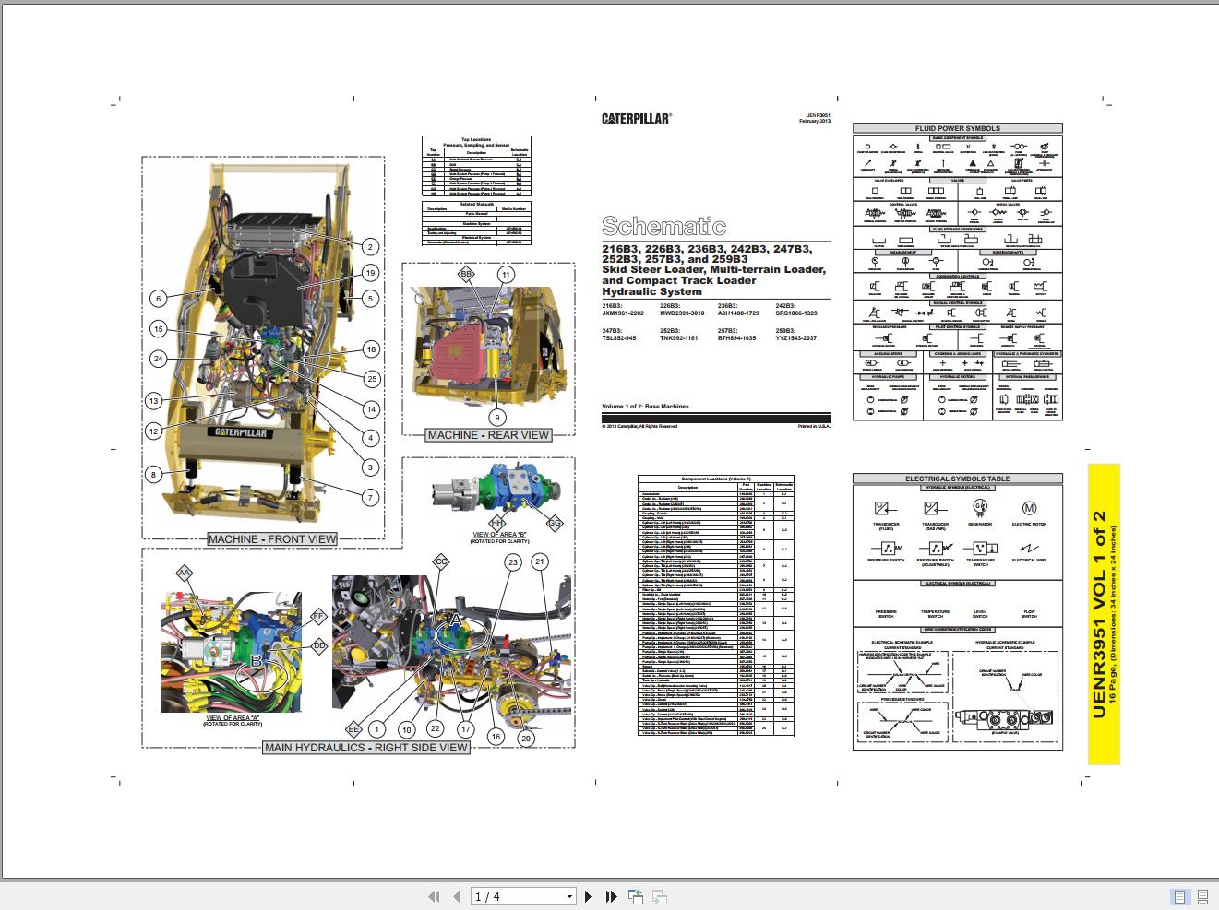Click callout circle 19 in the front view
coord(370,273)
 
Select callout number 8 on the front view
coord(154,475)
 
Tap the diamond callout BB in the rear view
coord(467,275)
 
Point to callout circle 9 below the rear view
coord(497,418)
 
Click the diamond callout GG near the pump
coord(555,523)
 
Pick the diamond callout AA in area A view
coord(184,573)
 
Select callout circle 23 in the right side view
coord(513,561)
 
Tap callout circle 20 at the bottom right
coord(526,738)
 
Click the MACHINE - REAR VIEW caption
coord(488,435)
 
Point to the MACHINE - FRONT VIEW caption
coord(272,539)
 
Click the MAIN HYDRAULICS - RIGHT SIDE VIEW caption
coord(366,747)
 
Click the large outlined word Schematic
coord(663,226)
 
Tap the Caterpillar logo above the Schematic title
coord(637,118)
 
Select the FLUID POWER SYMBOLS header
coord(957,128)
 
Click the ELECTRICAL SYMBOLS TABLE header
coord(957,479)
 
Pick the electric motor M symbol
coord(1029,508)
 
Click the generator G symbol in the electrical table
coord(980,507)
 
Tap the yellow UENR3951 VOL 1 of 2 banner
coord(1103,614)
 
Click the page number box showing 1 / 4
coord(522,896)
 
